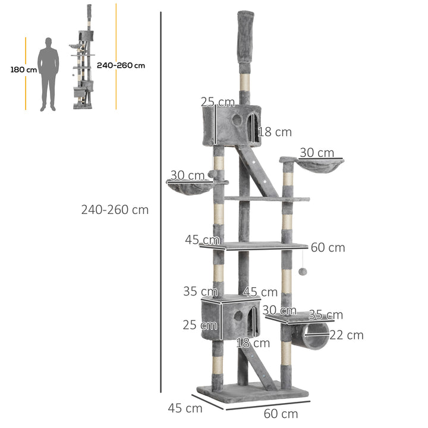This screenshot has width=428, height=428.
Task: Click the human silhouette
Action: tap(48, 74)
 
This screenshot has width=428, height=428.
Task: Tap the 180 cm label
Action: tap(23, 70)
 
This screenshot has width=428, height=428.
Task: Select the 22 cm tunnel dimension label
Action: tap(347, 335)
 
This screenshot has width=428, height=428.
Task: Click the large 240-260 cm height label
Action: tap(115, 210)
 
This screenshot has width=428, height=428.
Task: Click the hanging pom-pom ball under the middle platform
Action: tap(303, 272)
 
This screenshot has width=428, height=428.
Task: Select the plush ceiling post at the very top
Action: tap(244, 36)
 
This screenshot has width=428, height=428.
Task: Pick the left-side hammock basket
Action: tap(190, 186)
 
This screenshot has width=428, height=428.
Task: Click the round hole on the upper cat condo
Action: tap(237, 121)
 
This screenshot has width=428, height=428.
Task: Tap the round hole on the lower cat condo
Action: tap(238, 316)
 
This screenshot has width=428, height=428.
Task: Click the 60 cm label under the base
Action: tap(281, 414)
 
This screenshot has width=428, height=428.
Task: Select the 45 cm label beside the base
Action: tap(185, 408)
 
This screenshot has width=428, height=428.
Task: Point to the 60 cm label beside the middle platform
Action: tap(328, 247)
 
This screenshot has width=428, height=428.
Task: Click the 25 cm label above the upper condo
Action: tap(218, 102)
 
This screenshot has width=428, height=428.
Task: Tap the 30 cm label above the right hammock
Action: tap(316, 153)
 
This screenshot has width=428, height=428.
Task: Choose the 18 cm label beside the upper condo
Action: tap(274, 132)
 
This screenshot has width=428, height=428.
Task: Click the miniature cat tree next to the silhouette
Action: tap(84, 59)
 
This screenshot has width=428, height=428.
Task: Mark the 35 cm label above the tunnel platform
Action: tap(325, 314)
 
